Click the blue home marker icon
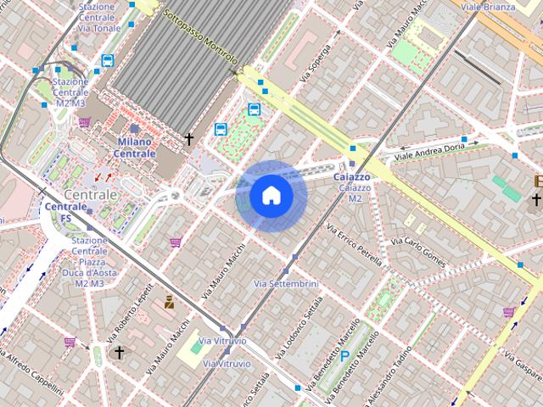click(271, 195)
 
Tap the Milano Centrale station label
click(135, 148)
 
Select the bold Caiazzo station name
click(351, 176)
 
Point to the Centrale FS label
click(65, 212)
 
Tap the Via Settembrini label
click(286, 282)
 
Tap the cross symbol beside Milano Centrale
click(189, 138)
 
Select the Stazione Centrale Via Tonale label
click(98, 17)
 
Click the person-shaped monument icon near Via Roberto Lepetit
click(170, 302)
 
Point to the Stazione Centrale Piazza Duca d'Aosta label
click(89, 262)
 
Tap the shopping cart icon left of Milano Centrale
click(84, 122)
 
